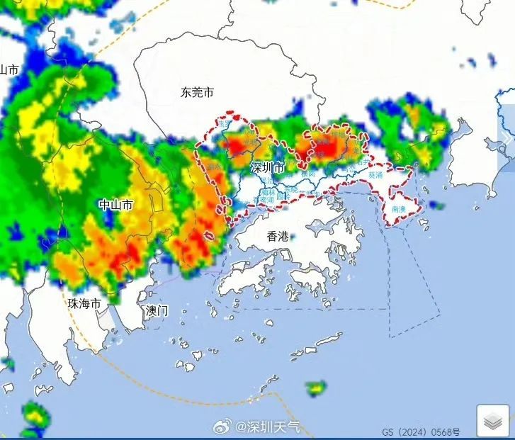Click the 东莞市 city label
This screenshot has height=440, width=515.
click(196, 92)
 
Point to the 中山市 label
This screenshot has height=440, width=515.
click(115, 205)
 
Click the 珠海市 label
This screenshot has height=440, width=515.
click(84, 303)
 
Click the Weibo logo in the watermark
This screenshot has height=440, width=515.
click(225, 427)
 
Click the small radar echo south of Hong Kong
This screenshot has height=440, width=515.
click(316, 388)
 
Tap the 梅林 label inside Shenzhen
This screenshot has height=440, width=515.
click(268, 191)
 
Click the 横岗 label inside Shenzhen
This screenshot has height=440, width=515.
click(307, 172)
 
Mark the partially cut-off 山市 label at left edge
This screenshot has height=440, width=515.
click(9, 69)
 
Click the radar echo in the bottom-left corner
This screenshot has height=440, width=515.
click(33, 418)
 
